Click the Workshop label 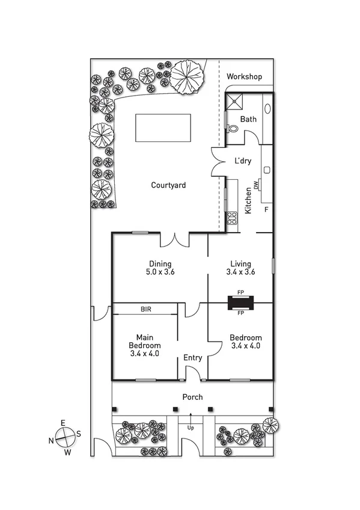[x=245, y=77]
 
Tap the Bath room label [x=248, y=119]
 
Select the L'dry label [x=243, y=161]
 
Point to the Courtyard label [x=168, y=185]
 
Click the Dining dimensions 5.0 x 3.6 [x=160, y=272]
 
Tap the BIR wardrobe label [x=146, y=309]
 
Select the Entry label [x=193, y=358]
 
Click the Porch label [x=193, y=397]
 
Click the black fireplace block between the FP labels [x=240, y=303]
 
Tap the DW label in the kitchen [x=256, y=185]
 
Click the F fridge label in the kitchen [x=266, y=210]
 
